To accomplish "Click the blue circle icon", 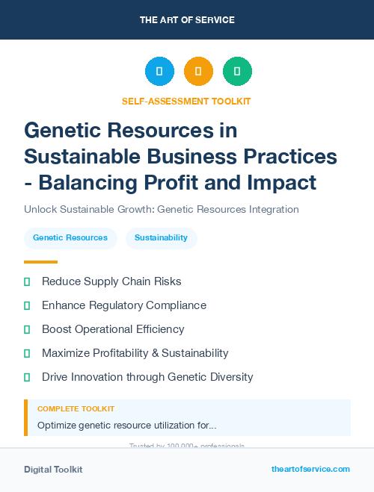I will [159, 72].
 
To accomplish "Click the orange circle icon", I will [198, 72].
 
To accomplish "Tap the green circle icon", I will [237, 72].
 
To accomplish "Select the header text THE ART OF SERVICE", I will [187, 20].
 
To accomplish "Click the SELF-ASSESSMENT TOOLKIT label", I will [186, 101].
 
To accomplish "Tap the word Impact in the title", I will [283, 181].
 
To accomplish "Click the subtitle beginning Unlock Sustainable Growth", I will [162, 209].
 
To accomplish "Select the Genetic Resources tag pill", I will [70, 238].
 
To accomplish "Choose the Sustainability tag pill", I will [161, 238].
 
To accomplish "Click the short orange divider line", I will [40, 262].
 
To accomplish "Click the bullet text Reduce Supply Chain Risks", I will [111, 281].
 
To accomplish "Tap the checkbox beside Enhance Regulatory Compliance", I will [27, 305].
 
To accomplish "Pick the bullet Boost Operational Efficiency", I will [113, 329].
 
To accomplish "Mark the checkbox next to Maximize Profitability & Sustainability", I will [27, 353].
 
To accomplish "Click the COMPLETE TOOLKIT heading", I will [76, 409].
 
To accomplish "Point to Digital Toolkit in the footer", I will [53, 470].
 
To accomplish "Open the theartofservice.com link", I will [310, 469].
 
